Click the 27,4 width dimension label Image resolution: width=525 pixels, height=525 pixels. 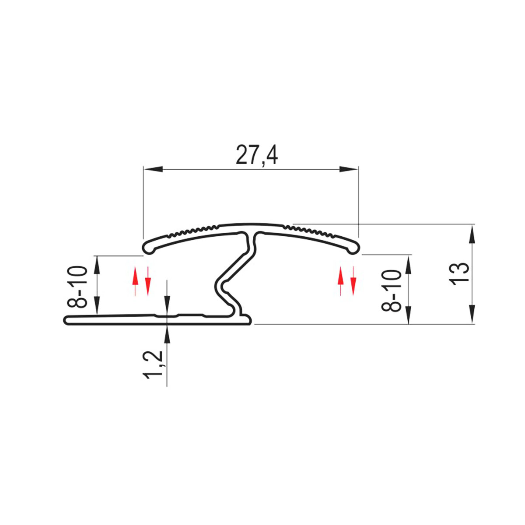[257, 155]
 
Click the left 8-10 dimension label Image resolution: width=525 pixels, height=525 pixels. [77, 286]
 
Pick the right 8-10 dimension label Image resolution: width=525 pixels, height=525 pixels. [391, 290]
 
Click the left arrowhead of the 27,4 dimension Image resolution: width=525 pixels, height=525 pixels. [154, 169]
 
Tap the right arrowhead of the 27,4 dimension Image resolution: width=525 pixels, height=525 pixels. [348, 169]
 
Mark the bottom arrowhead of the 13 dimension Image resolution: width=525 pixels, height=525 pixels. [472, 315]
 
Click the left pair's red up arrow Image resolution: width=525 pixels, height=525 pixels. [135, 281]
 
